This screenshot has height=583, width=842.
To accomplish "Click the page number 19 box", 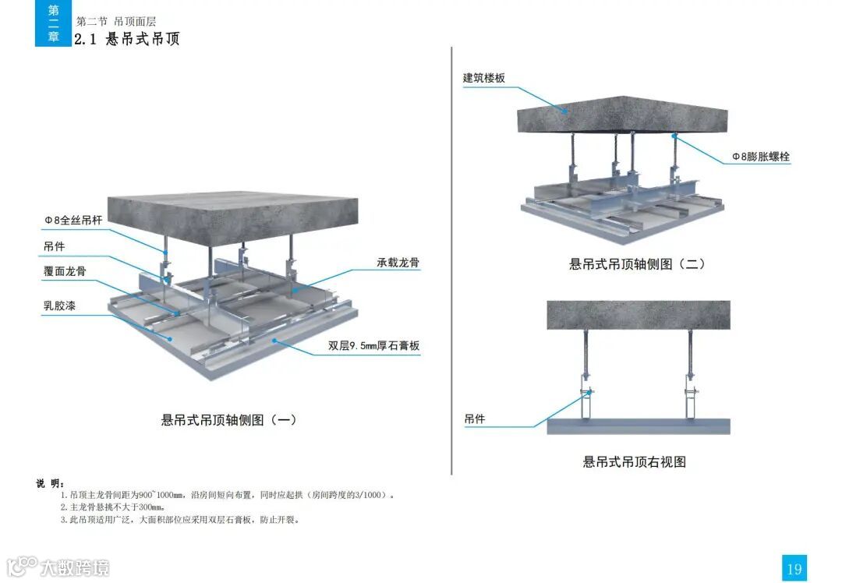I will [x=794, y=568].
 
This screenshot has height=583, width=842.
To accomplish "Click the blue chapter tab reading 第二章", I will [x=53, y=23].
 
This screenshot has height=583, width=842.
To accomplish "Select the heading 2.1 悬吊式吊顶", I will [x=127, y=39].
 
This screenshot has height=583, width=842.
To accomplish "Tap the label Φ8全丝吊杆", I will [x=73, y=221].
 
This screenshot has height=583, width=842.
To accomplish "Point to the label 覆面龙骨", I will [x=65, y=271].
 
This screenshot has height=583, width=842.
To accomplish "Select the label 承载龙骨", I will [x=398, y=263].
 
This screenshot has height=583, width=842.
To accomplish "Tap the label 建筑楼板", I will [x=484, y=78].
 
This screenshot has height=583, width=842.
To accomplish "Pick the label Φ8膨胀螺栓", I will [x=760, y=157].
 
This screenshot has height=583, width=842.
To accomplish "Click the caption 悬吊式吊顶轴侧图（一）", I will [x=229, y=420].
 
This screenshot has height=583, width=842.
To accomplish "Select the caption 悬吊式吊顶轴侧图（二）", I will [x=638, y=264].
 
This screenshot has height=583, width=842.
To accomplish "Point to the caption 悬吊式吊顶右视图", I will [x=635, y=461].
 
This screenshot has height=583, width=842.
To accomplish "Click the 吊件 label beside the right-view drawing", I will [x=475, y=419].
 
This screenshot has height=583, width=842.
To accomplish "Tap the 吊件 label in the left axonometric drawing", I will [x=54, y=246].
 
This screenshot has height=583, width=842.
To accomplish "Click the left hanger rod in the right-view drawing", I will [x=585, y=351].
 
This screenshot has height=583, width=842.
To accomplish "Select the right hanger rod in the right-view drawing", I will [x=691, y=351].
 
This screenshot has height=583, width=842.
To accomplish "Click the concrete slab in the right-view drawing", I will [x=638, y=315].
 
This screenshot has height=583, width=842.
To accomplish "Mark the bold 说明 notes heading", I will [x=51, y=483].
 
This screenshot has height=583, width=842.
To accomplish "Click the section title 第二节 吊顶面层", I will [x=122, y=22].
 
